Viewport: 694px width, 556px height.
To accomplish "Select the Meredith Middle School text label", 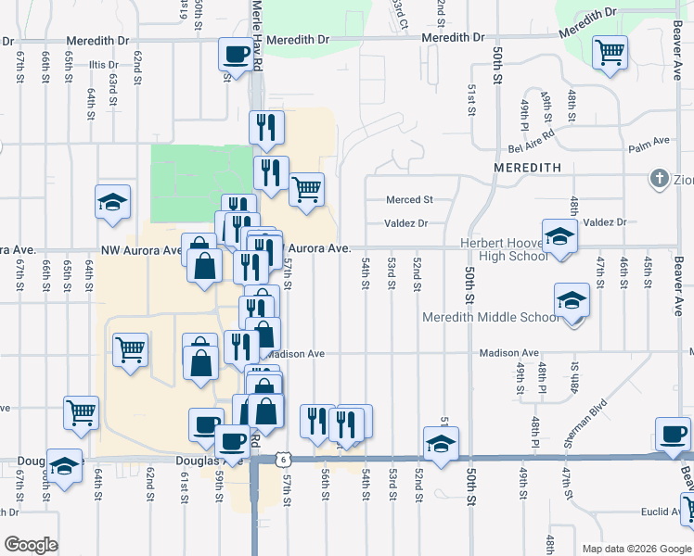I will coord(491,317).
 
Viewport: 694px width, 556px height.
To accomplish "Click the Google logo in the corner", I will coord(31,545).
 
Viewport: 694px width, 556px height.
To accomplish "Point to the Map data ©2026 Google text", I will coord(637,549).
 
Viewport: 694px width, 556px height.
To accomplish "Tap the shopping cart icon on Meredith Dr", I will coord(610,53).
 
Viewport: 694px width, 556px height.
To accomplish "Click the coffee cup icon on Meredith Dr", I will coord(235,53).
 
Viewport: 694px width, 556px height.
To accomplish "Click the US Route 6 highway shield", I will coord(281,459).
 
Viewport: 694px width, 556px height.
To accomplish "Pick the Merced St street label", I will coord(410,199).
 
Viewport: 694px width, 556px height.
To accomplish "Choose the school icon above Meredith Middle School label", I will coord(572,300).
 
